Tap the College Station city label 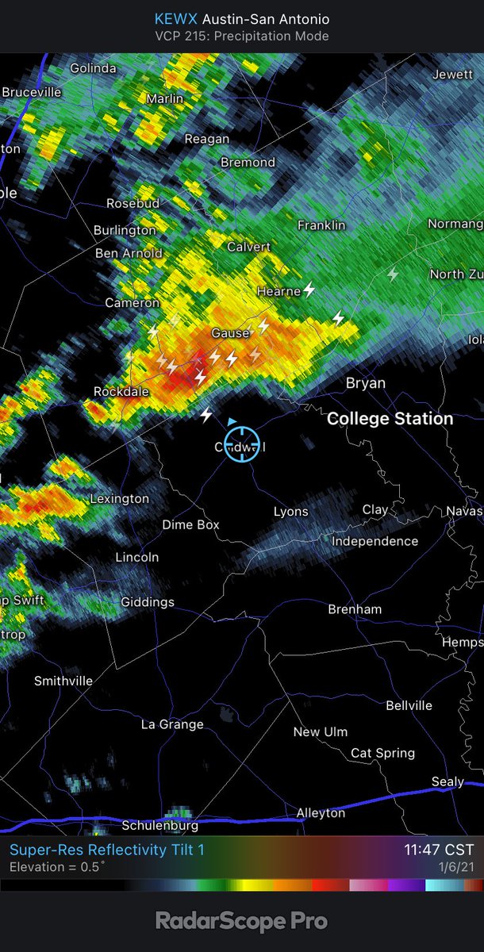pyautogui.click(x=390, y=418)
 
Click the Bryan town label pyautogui.click(x=366, y=383)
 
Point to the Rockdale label pyautogui.click(x=121, y=391)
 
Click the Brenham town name pyautogui.click(x=355, y=609)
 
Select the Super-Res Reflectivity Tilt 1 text pyautogui.click(x=107, y=850)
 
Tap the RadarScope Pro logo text pyautogui.click(x=241, y=921)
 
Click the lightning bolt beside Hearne pyautogui.click(x=309, y=290)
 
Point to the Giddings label pyautogui.click(x=148, y=602)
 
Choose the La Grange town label pyautogui.click(x=172, y=724)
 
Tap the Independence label pyautogui.click(x=375, y=541)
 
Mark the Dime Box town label pyautogui.click(x=190, y=524)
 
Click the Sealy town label pyautogui.click(x=448, y=781)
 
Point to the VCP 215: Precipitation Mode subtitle pyautogui.click(x=241, y=36)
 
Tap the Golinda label pyautogui.click(x=93, y=68)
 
